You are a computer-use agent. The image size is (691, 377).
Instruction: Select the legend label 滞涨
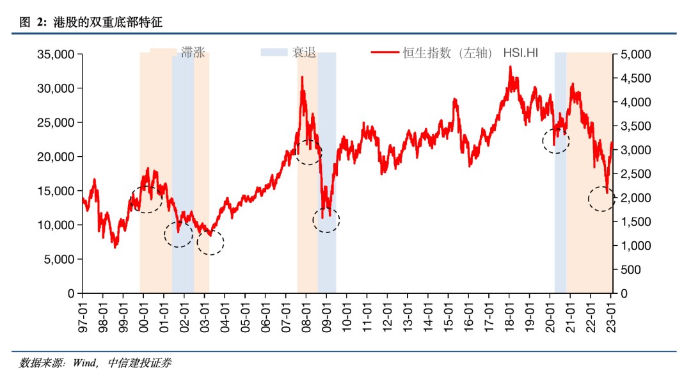pyautogui.click(x=193, y=52)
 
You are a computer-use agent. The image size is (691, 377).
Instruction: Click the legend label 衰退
pyautogui.click(x=305, y=52)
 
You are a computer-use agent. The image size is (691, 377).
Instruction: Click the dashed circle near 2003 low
pyautogui.click(x=210, y=243)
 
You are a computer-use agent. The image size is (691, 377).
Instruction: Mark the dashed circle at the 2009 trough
pyautogui.click(x=326, y=220)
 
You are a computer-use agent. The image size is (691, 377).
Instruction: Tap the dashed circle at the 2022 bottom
pyautogui.click(x=601, y=198)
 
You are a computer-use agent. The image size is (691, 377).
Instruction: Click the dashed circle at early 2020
pyautogui.click(x=555, y=140)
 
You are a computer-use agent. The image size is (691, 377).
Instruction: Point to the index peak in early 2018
pyautogui.click(x=511, y=67)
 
